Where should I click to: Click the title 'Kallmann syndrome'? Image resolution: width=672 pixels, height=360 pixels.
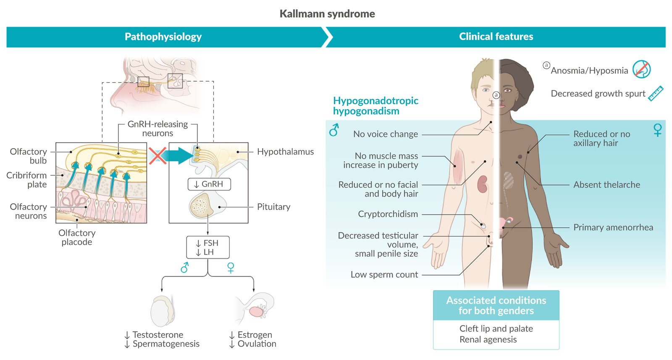[327, 14]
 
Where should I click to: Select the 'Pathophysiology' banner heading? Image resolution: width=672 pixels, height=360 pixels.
[163, 37]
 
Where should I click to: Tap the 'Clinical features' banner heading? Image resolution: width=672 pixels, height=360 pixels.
[496, 37]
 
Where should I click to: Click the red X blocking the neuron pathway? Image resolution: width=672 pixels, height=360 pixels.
[157, 155]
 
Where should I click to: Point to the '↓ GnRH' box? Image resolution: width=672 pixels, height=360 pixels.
[209, 184]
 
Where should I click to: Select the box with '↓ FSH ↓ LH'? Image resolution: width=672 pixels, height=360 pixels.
[207, 247]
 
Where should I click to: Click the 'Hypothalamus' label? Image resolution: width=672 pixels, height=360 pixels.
[285, 152]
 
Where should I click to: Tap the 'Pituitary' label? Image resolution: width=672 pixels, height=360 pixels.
[273, 207]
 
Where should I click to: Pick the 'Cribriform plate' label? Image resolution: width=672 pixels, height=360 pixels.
[27, 180]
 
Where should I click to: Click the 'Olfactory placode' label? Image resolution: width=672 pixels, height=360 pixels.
[77, 237]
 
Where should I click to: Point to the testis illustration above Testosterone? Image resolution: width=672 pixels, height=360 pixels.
[163, 311]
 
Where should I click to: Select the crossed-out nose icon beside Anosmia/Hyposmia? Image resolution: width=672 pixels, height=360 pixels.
[641, 69]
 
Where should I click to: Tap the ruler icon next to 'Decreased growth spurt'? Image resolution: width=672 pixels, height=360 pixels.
[655, 93]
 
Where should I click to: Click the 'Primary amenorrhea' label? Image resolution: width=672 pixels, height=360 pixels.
[613, 227]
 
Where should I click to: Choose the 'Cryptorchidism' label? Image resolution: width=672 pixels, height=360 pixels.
[388, 214]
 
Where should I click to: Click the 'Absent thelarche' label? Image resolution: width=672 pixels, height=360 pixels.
[606, 184]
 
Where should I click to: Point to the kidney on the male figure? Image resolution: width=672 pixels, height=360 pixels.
[482, 184]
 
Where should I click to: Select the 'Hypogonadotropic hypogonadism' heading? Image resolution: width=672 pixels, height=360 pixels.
[375, 106]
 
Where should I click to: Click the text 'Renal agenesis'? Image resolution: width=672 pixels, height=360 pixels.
[488, 339]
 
